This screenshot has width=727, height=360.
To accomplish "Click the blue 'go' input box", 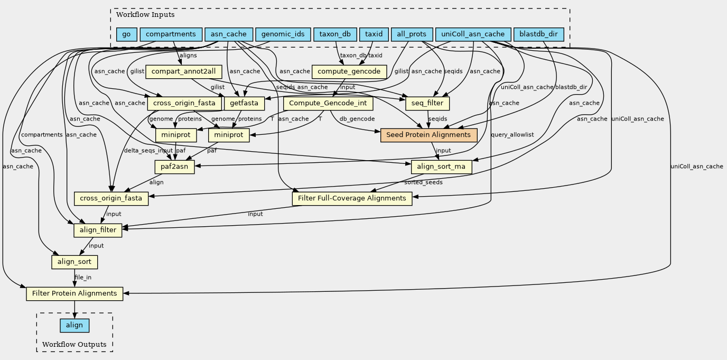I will tap(126, 35).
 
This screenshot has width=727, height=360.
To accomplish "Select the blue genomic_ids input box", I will tap(282, 35).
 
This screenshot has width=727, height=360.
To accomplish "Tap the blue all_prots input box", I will tap(411, 35).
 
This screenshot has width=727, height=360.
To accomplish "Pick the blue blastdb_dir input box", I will tap(538, 35).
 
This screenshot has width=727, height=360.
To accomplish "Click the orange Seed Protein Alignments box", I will tap(428, 135).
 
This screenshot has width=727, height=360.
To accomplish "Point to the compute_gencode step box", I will tap(350, 71).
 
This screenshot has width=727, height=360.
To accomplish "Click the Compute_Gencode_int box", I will tap(329, 103).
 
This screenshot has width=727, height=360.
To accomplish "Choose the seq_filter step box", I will tap(427, 103).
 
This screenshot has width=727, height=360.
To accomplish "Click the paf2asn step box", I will tap(174, 167).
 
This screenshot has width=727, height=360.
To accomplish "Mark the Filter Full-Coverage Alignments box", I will tap(352, 198).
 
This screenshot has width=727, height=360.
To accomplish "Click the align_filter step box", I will tap(98, 230).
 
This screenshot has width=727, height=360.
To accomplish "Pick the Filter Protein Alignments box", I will tap(74, 293).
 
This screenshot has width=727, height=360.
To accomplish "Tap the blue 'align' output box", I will tap(74, 325).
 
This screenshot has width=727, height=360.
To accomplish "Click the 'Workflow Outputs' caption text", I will tap(74, 345).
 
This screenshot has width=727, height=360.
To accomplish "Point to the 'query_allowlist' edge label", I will tap(512, 135).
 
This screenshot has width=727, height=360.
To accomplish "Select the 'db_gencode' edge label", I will tap(357, 119).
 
